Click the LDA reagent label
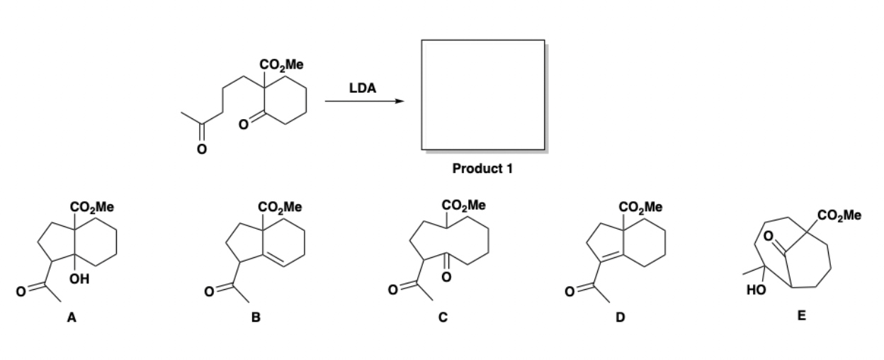pyautogui.click(x=363, y=89)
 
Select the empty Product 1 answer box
pyautogui.click(x=483, y=94)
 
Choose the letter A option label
pyautogui.click(x=72, y=318)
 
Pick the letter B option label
pyautogui.click(x=258, y=318)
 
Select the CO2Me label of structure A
pyautogui.click(x=94, y=208)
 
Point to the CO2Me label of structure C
pyautogui.click(x=464, y=206)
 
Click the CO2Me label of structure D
pyautogui.click(x=641, y=208)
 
